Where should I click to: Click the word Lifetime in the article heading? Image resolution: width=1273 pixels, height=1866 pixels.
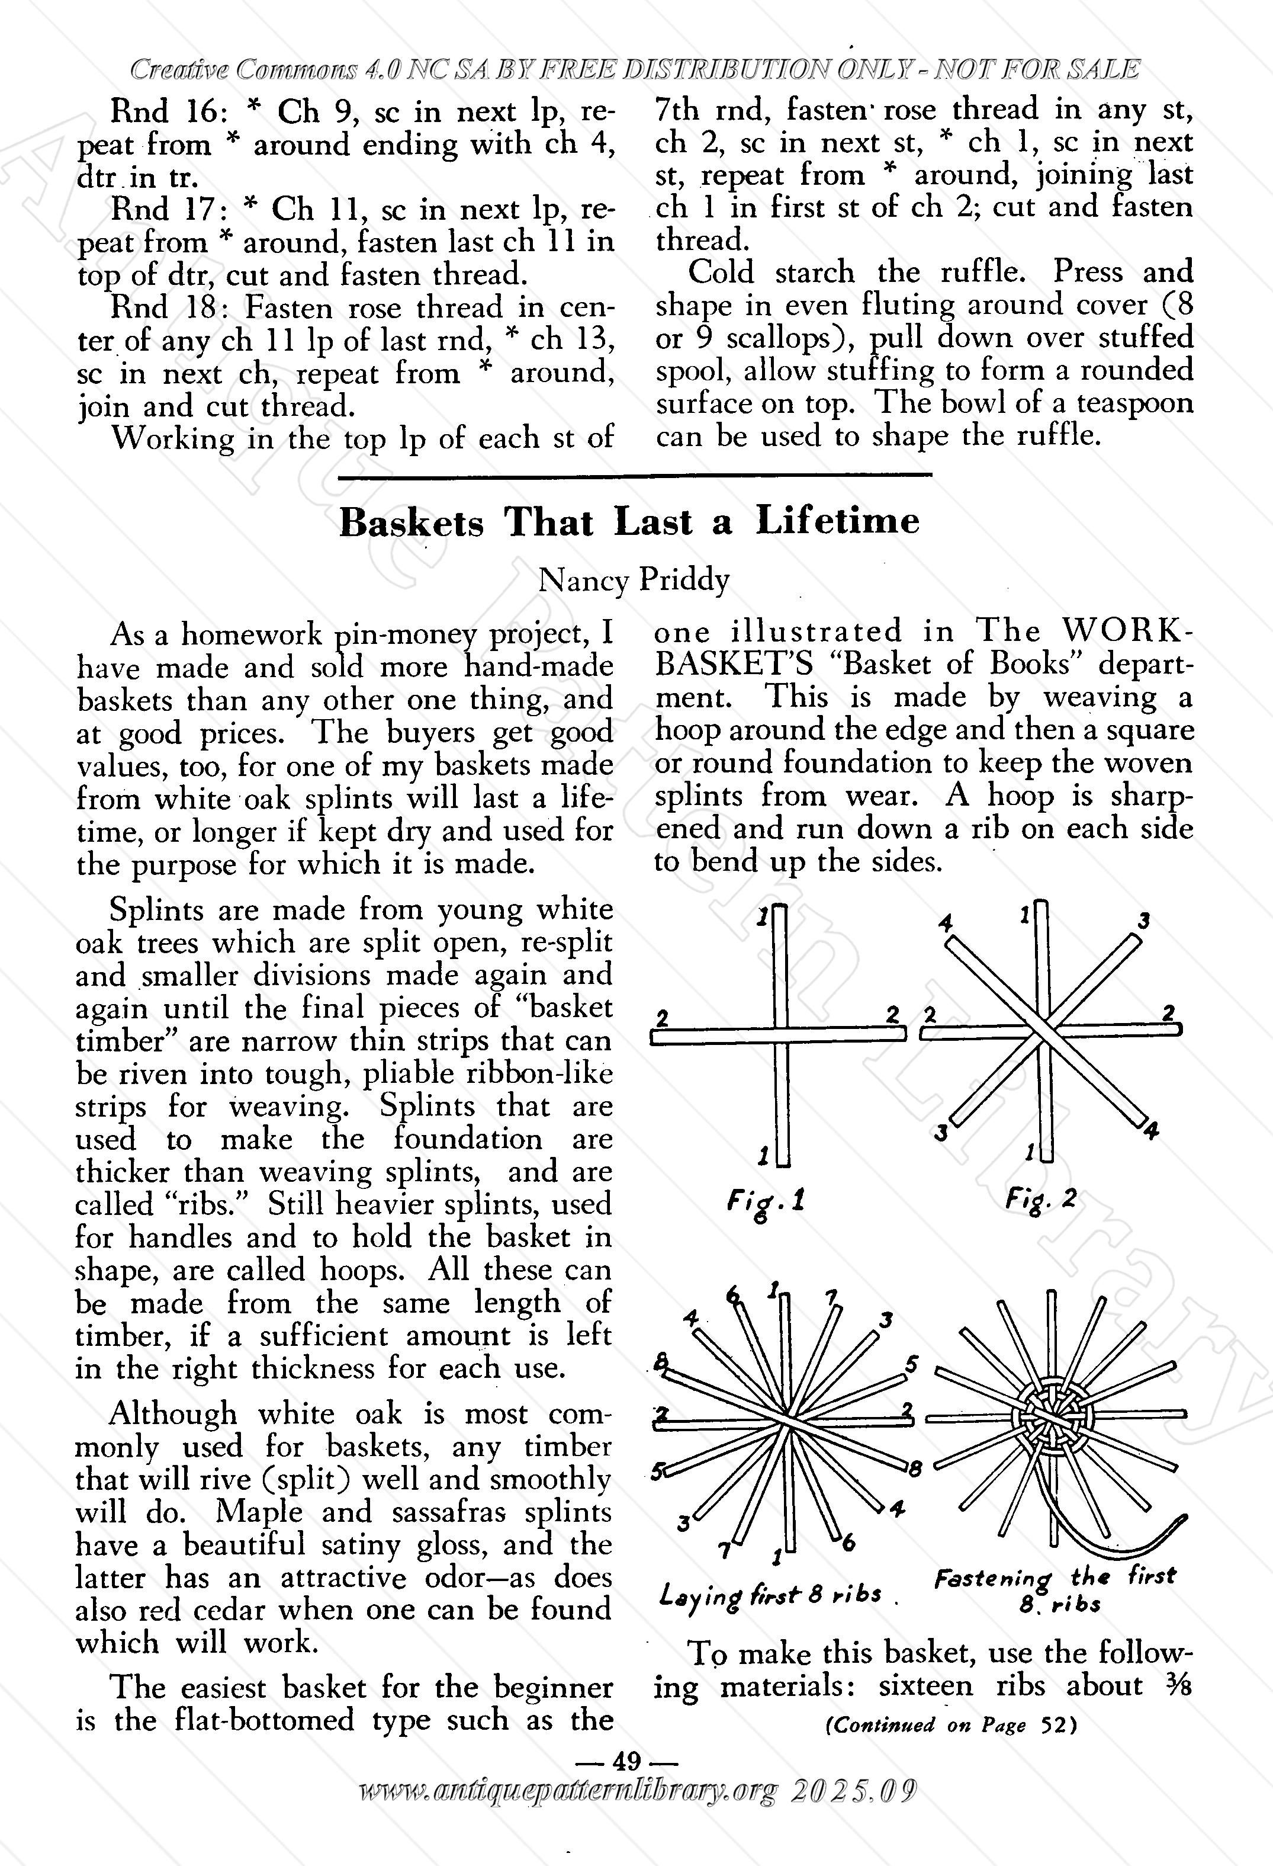pyautogui.click(x=837, y=522)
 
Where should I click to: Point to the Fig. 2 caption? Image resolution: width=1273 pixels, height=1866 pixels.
pyautogui.click(x=1040, y=1202)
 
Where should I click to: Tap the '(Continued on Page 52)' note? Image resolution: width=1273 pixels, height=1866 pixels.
pyautogui.click(x=951, y=1724)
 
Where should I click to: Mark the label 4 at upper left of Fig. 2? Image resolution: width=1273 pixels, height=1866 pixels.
pyautogui.click(x=946, y=924)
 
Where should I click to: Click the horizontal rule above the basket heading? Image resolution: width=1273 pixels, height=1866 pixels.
pyautogui.click(x=634, y=477)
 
